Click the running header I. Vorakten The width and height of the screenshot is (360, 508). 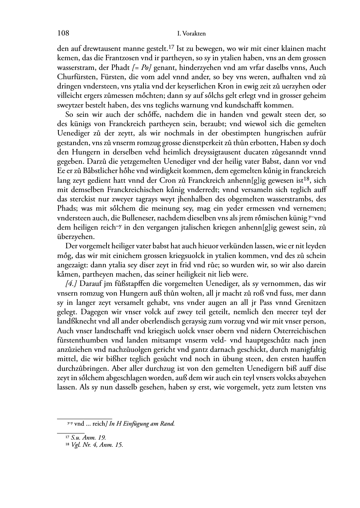[191, 34]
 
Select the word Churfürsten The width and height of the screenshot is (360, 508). [74, 77]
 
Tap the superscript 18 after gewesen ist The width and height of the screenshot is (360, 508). [303, 179]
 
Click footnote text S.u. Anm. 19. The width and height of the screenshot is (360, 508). [88, 437]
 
